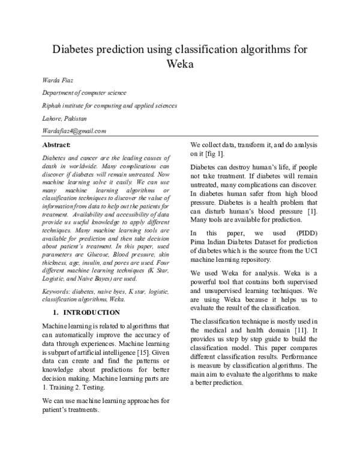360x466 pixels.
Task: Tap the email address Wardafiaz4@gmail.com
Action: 74,131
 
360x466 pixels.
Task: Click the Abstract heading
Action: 56,145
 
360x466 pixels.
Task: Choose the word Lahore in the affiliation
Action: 52,118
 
